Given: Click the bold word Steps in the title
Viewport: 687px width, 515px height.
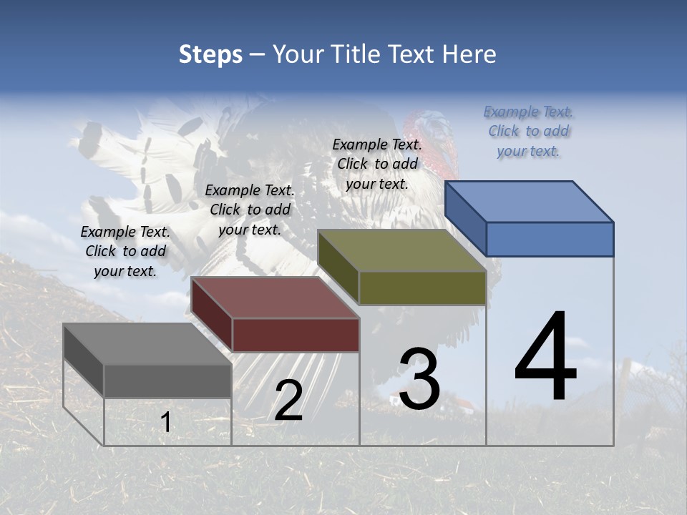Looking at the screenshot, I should point(210,54).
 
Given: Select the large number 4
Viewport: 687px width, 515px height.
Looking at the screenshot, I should point(545,358).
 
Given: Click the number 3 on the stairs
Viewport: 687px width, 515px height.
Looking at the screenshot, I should point(419,380).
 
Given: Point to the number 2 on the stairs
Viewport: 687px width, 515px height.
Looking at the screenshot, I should point(288,401).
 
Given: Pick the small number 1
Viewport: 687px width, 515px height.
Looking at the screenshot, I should point(166,422).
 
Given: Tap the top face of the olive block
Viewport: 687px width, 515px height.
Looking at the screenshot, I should point(401,250).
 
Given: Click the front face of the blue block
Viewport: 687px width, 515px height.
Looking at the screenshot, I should point(550,239).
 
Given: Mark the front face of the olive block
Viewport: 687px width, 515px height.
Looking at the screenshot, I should point(422,288).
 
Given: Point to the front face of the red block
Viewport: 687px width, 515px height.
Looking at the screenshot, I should point(296,335).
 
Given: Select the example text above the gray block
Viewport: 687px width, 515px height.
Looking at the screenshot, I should point(125,251).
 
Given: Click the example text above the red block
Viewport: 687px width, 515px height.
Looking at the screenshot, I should point(250,210).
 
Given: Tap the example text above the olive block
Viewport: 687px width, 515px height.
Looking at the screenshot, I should point(377,164).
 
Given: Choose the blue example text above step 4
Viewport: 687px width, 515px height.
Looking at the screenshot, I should point(528,131).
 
